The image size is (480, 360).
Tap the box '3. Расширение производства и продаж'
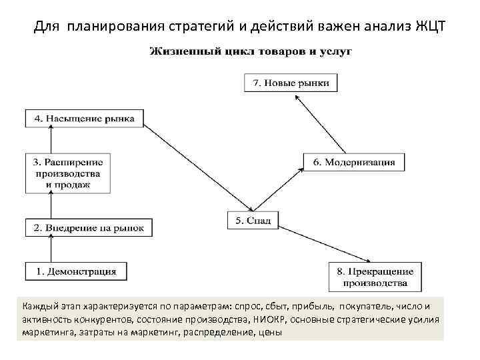68,173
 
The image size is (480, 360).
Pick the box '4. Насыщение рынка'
84,119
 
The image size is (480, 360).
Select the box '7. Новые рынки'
291,83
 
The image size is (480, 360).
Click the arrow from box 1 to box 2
50,249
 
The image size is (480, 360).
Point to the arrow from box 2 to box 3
50,205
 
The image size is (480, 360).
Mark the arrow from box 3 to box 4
50,141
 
